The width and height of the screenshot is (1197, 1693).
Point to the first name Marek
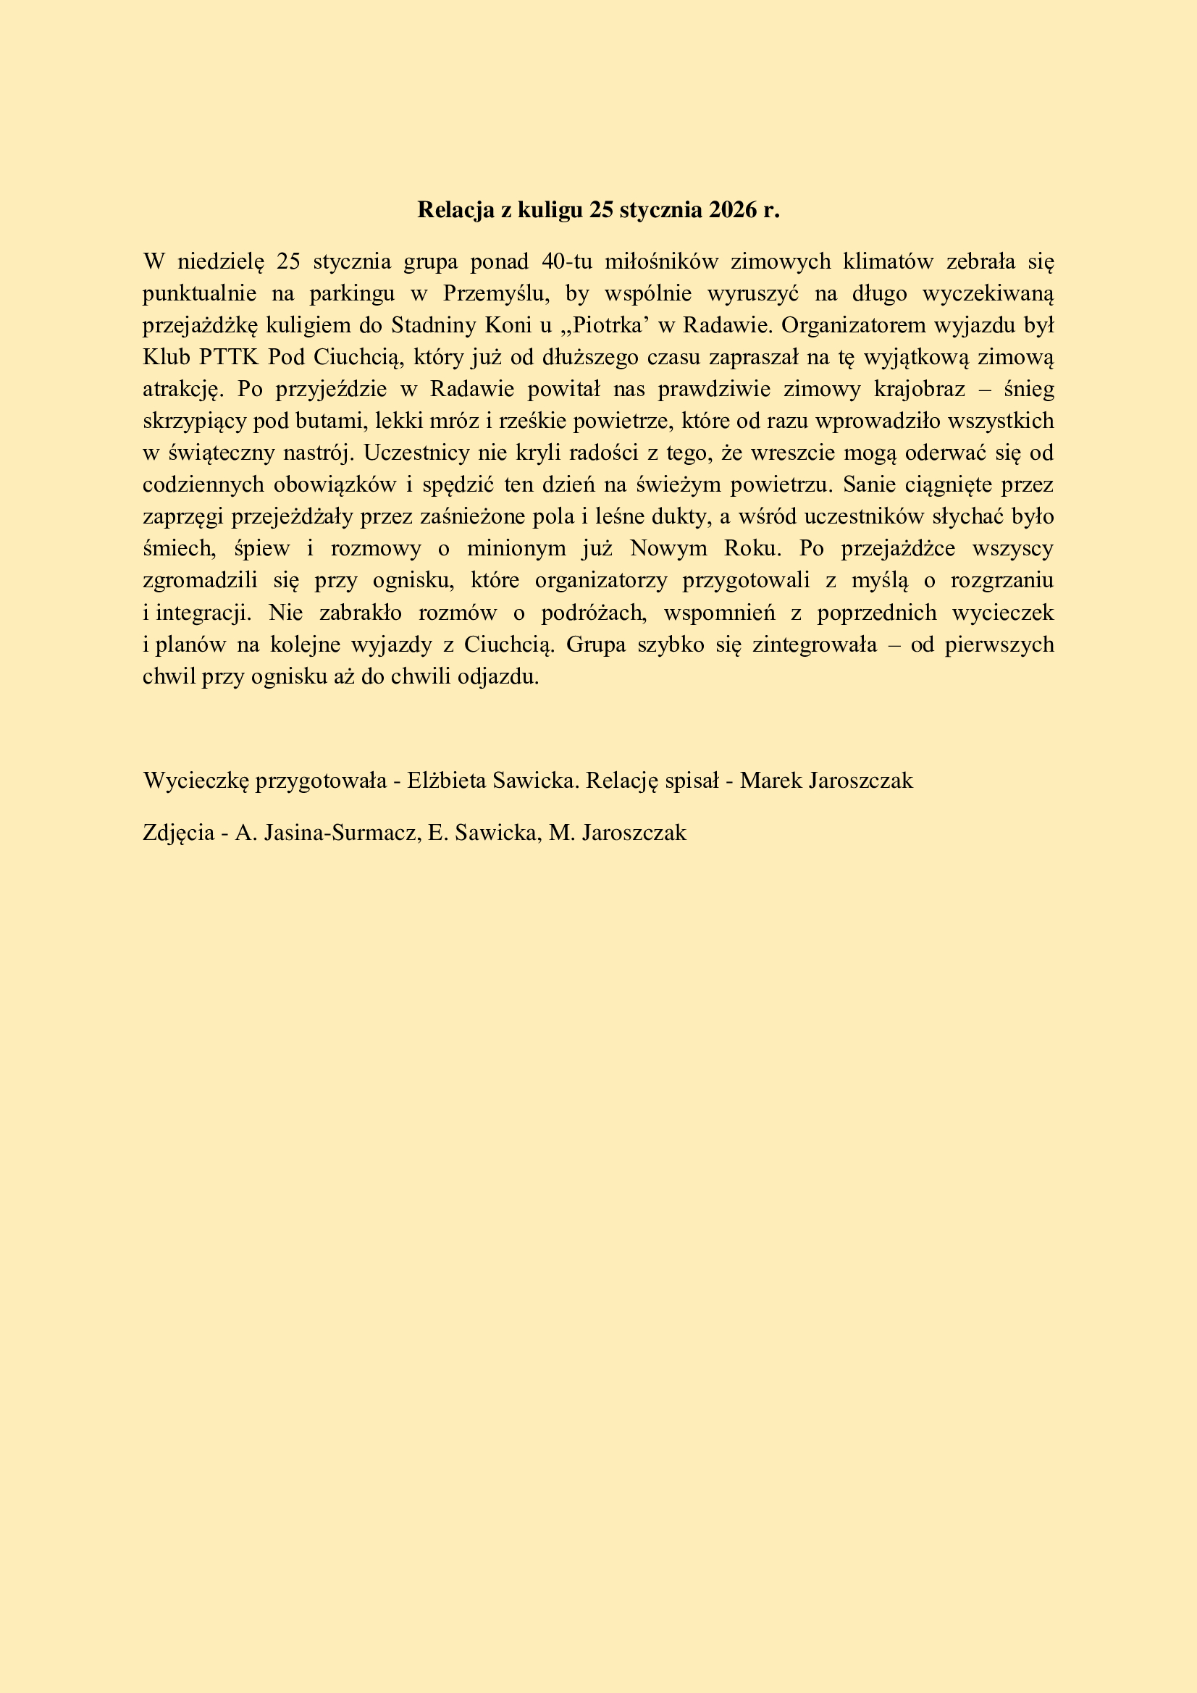771,780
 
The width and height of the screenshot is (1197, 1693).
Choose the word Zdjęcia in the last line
177,833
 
